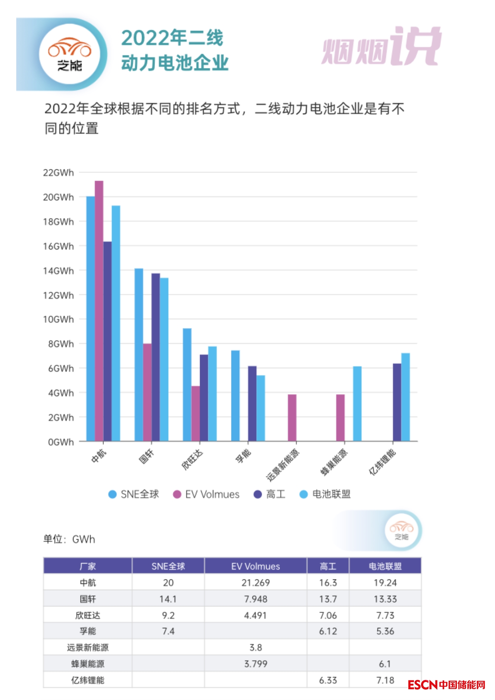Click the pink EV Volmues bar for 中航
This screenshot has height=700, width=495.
pyautogui.click(x=99, y=311)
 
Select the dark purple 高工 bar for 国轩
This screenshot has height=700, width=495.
pyautogui.click(x=156, y=357)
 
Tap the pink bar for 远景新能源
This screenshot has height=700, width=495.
pyautogui.click(x=292, y=417)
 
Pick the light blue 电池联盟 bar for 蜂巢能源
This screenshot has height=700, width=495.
pyautogui.click(x=357, y=403)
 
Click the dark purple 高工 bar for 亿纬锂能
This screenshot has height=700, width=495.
pyautogui.click(x=397, y=402)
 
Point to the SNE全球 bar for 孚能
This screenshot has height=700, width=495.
pyautogui.click(x=235, y=395)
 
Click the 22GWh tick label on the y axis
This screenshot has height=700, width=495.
pyautogui.click(x=58, y=173)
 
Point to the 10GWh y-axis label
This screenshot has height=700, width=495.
pyautogui.click(x=58, y=319)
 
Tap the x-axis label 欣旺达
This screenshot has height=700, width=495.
pyautogui.click(x=193, y=459)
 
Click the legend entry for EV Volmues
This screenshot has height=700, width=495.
pyautogui.click(x=206, y=494)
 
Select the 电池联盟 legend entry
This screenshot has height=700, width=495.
pyautogui.click(x=325, y=494)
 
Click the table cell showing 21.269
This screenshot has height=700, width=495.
pyautogui.click(x=255, y=583)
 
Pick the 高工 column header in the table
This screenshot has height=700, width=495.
pyautogui.click(x=328, y=566)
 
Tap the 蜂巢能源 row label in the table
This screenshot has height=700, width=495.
pyautogui.click(x=88, y=664)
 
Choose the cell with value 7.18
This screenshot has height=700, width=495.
pyautogui.click(x=385, y=680)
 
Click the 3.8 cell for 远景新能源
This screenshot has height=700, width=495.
pyautogui.click(x=255, y=647)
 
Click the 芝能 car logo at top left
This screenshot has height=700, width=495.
pyautogui.click(x=70, y=54)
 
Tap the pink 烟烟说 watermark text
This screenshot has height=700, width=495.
pyautogui.click(x=381, y=47)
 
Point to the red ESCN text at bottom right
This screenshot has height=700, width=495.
pyautogui.click(x=423, y=685)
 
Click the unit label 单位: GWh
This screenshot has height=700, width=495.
pyautogui.click(x=69, y=539)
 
